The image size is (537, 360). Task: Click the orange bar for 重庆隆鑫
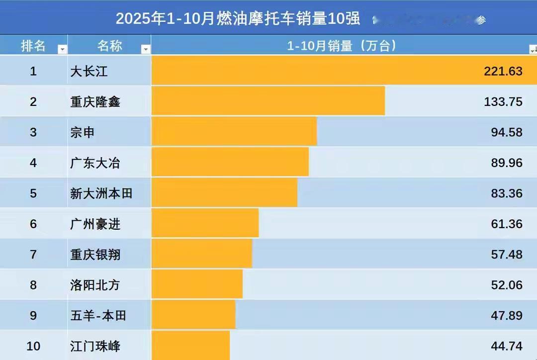(x=268, y=101)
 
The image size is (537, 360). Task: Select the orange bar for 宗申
(x=234, y=132)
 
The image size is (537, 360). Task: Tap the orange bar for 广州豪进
(x=205, y=223)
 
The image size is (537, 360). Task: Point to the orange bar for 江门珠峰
(x=190, y=345)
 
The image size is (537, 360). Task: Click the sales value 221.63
(x=503, y=71)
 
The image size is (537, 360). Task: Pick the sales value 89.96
(x=507, y=163)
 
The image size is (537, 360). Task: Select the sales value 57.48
(x=507, y=254)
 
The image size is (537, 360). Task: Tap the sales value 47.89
(x=507, y=315)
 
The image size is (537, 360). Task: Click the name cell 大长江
(x=89, y=71)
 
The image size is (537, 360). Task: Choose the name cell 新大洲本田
(x=101, y=193)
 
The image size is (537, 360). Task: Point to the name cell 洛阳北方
(x=95, y=285)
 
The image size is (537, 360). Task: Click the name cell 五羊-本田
(x=98, y=315)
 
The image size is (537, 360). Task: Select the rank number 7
(x=33, y=254)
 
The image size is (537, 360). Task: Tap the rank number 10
(x=33, y=346)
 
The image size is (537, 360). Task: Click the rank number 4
(x=33, y=163)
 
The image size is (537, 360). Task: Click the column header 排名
(x=33, y=46)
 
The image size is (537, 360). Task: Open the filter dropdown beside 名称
(x=145, y=49)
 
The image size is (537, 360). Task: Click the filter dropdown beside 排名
(x=62, y=49)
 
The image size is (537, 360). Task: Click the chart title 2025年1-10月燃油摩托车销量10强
(x=238, y=19)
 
